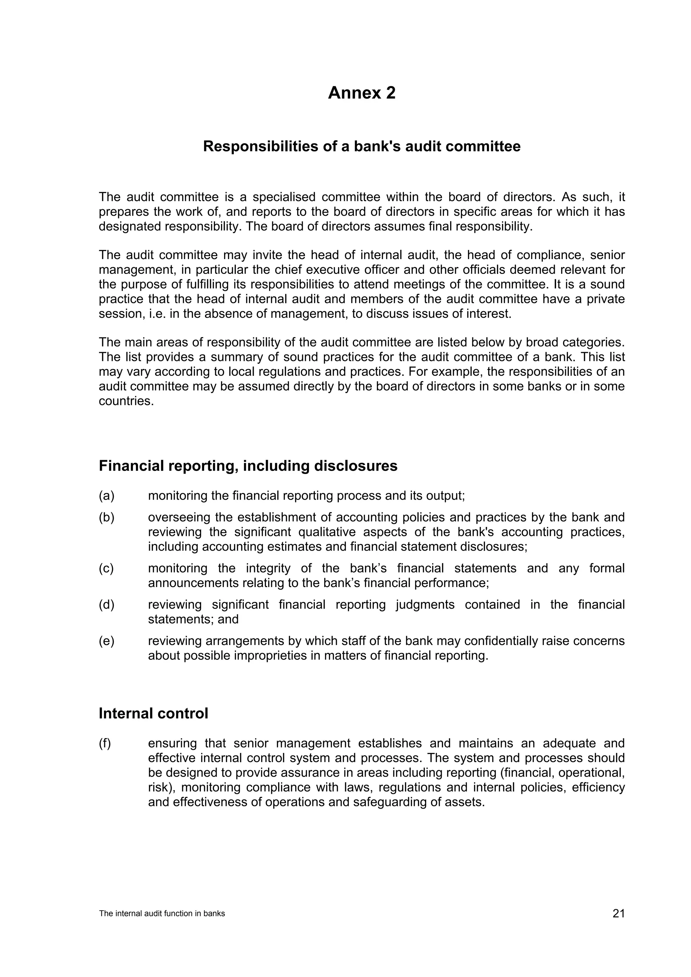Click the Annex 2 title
click(361, 93)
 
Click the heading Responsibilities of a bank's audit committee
click(361, 146)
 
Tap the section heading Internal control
click(153, 713)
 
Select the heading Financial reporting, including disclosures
click(248, 466)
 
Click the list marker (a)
click(106, 495)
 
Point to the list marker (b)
click(106, 517)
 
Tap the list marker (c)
click(106, 568)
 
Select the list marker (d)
click(106, 604)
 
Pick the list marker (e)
click(106, 641)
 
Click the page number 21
click(618, 913)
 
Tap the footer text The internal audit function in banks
click(162, 914)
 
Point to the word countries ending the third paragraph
click(126, 401)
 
